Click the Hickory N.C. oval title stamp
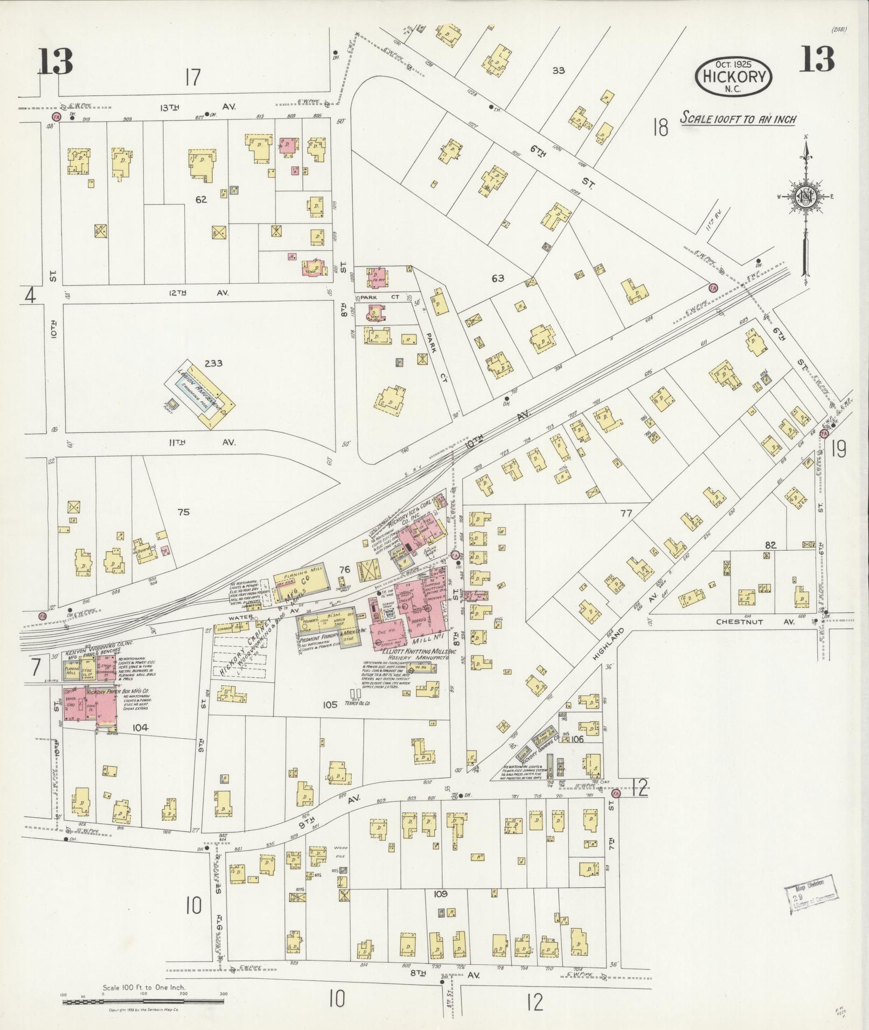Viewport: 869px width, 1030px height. point(734,77)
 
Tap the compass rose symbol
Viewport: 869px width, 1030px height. point(805,197)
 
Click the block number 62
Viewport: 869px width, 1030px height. point(201,200)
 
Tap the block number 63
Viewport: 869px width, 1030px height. point(497,278)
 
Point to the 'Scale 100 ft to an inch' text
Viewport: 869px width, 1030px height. point(738,118)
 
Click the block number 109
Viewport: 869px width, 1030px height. point(440,894)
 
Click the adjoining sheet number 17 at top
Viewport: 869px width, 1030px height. point(192,78)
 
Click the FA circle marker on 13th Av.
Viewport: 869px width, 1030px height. point(55,116)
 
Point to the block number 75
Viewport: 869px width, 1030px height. point(184,512)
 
